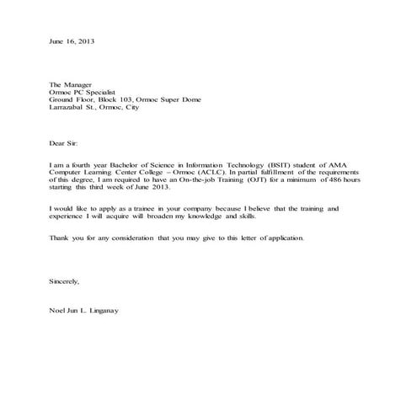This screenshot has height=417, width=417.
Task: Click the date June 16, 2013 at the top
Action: [x=72, y=41]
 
